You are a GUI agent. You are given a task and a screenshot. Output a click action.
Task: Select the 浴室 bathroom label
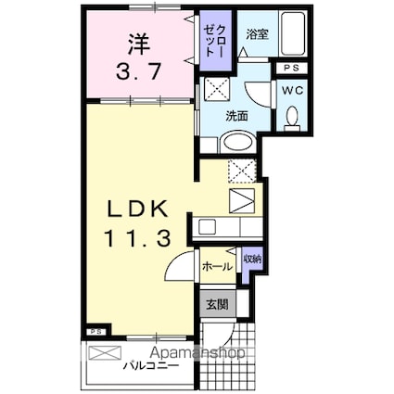click(257, 34)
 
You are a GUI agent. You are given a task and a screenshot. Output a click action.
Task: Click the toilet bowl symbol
click(292, 118)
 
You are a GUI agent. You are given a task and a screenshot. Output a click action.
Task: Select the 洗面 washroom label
click(236, 116)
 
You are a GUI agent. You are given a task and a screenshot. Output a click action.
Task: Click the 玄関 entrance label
click(217, 303)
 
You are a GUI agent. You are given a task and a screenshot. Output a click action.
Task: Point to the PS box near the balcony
click(95, 331)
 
